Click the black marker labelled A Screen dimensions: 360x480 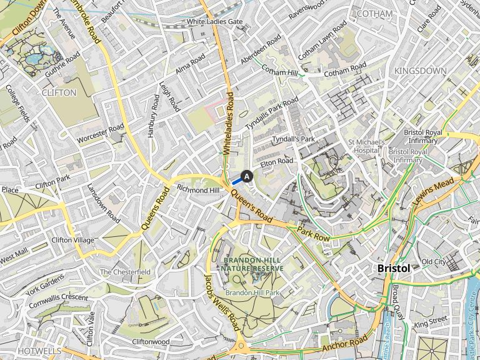(x=247, y=176)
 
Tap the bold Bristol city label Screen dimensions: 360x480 (x=394, y=268)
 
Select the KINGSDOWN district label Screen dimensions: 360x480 (x=421, y=71)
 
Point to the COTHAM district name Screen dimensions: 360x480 (x=375, y=14)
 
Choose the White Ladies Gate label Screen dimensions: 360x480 (x=214, y=22)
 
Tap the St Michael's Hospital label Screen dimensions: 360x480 (x=366, y=146)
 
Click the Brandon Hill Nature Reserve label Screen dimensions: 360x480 (x=251, y=264)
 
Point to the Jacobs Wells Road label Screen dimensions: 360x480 (x=222, y=303)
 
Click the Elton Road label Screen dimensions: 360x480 (x=276, y=161)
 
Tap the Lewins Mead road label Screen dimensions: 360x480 (x=433, y=192)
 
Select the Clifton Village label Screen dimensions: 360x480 (x=72, y=240)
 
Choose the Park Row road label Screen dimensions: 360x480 (x=313, y=235)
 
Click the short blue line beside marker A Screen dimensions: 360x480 (x=237, y=181)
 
